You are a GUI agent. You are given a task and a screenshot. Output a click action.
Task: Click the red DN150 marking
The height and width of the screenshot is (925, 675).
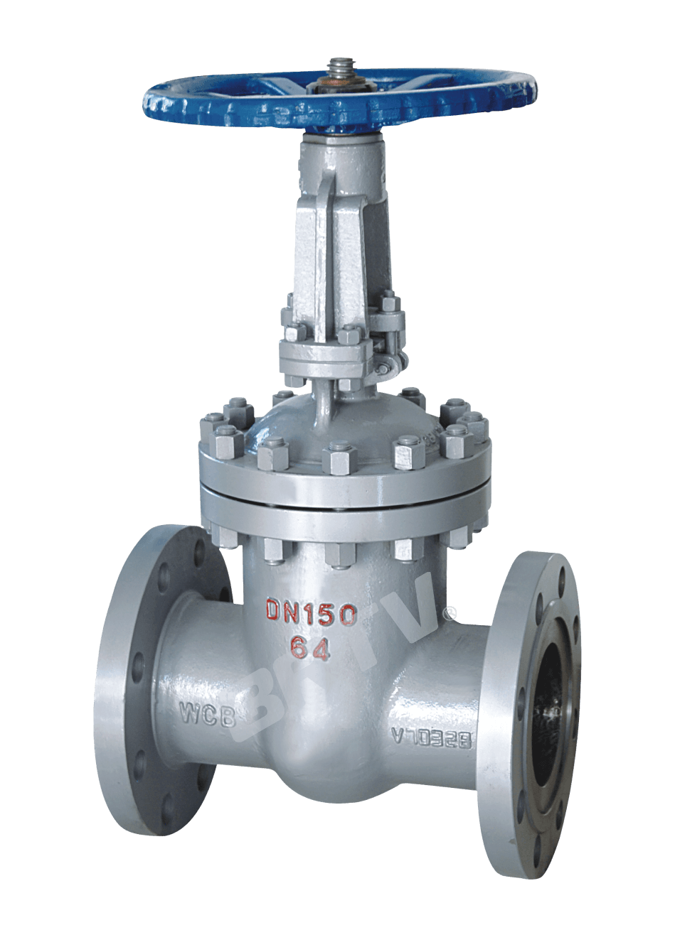pyautogui.click(x=311, y=613)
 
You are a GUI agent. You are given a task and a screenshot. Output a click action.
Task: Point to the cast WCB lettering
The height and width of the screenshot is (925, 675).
pyautogui.click(x=207, y=713)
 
